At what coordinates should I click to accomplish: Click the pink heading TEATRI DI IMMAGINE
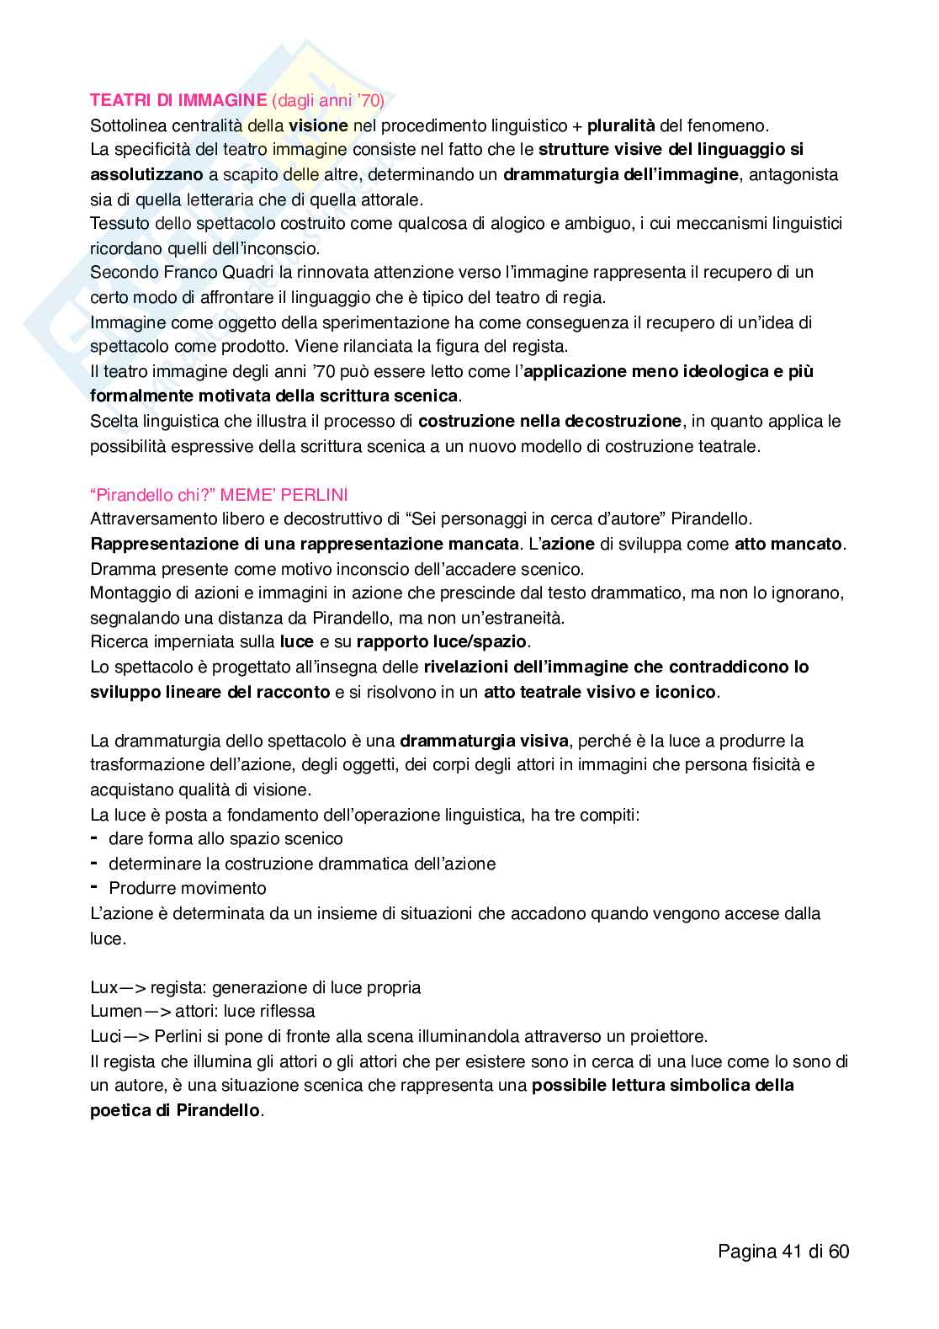tap(178, 101)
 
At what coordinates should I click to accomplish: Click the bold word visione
tap(317, 126)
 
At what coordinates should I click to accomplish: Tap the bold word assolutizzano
tap(146, 175)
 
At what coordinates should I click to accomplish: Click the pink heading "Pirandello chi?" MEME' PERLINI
tap(219, 494)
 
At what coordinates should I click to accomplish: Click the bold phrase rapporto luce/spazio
tap(442, 641)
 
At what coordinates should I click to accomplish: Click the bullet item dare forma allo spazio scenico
tap(225, 838)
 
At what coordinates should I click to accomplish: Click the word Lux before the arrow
tap(104, 987)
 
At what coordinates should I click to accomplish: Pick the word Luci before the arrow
tap(104, 1036)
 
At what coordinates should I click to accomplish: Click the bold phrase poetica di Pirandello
tap(175, 1110)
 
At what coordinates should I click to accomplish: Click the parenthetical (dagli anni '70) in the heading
tap(329, 101)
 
